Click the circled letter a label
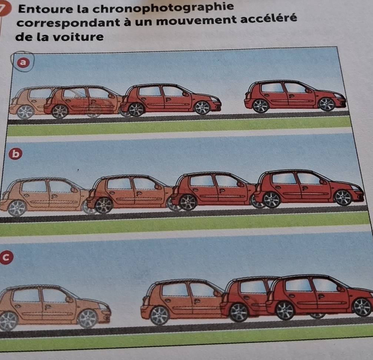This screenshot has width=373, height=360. coord(23,62)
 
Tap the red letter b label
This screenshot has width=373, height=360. coord(16,154)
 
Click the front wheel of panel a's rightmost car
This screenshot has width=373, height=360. coord(326,104)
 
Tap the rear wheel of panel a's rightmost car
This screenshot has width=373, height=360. coord(260,106)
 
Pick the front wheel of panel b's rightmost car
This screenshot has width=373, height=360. coord(343,198)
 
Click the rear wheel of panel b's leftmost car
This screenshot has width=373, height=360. coord(17,208)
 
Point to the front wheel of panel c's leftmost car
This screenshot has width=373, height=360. coord(88,319)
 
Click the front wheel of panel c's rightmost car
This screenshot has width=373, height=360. coord(362,307)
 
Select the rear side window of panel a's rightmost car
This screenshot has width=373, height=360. coord(272,88)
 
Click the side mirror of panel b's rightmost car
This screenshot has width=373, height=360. coord(323,182)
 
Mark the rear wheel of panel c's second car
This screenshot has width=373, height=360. coord(160,316)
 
